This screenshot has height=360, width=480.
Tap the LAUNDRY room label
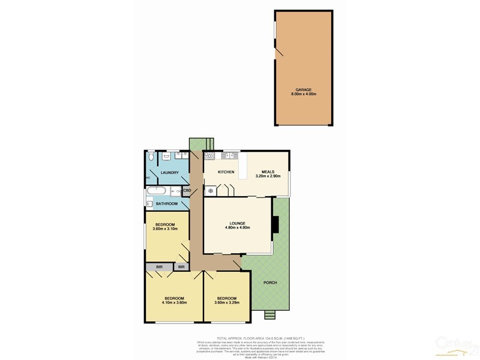click(170, 173)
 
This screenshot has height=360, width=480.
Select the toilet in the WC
click(151, 157)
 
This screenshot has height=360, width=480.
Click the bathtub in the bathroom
click(157, 191)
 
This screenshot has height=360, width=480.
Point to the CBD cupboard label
click(187, 191)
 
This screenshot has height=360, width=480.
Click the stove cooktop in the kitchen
click(210, 157)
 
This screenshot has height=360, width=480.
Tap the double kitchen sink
click(228, 157)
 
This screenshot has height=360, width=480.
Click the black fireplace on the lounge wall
click(275, 224)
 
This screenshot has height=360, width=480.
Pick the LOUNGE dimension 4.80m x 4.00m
click(237, 228)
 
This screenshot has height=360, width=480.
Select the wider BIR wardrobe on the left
click(158, 266)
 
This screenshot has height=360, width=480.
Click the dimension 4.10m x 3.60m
click(175, 302)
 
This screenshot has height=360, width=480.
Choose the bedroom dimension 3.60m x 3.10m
click(166, 229)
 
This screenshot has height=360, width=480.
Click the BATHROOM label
click(167, 204)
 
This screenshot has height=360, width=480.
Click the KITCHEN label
click(226, 172)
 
